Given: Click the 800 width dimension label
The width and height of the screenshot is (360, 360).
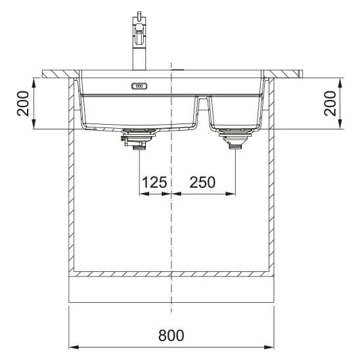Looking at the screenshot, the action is (171, 335).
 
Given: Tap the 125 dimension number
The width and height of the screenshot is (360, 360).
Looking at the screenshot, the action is (154, 182).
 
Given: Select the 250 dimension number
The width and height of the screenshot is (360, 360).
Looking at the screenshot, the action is (202, 182).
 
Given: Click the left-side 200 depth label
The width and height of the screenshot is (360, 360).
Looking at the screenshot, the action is (23, 103).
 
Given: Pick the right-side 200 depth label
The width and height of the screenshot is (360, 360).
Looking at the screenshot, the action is (330, 103).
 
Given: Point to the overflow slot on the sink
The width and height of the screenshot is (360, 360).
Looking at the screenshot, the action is (139, 86).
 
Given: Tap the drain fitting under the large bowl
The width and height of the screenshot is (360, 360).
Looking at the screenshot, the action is (138, 139).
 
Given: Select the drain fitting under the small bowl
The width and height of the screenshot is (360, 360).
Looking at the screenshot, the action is (236, 139).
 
